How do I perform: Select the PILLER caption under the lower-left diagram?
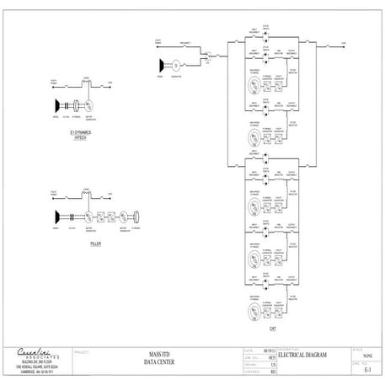coord(95,243)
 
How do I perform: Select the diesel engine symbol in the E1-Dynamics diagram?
coord(56,105)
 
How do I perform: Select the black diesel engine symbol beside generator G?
coord(161,63)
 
